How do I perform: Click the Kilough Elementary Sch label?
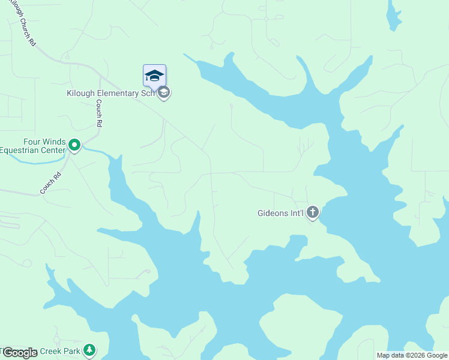tap(110, 94)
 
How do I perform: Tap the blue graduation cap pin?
tap(154, 76)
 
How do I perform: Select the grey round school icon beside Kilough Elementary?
tap(164, 93)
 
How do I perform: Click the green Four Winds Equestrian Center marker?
tap(74, 145)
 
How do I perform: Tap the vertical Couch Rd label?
tap(99, 113)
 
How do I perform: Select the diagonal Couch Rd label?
tap(51, 184)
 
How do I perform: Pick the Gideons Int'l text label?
tap(280, 213)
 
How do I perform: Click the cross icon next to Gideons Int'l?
tap(312, 212)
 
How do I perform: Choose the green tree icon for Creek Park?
tap(89, 349)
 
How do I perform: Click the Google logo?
tap(19, 352)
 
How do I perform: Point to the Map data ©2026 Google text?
tap(412, 355)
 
